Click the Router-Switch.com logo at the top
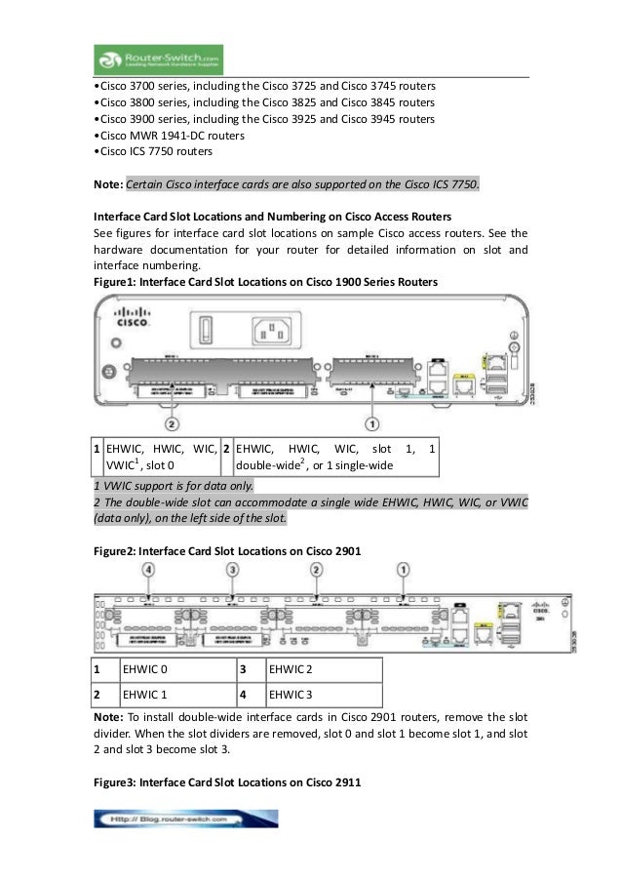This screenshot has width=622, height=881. coord(161,57)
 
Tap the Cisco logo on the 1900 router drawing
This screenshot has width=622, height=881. coord(132,319)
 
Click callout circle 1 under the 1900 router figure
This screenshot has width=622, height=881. coord(373,425)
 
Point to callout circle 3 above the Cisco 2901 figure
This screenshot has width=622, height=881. coord(232,568)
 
